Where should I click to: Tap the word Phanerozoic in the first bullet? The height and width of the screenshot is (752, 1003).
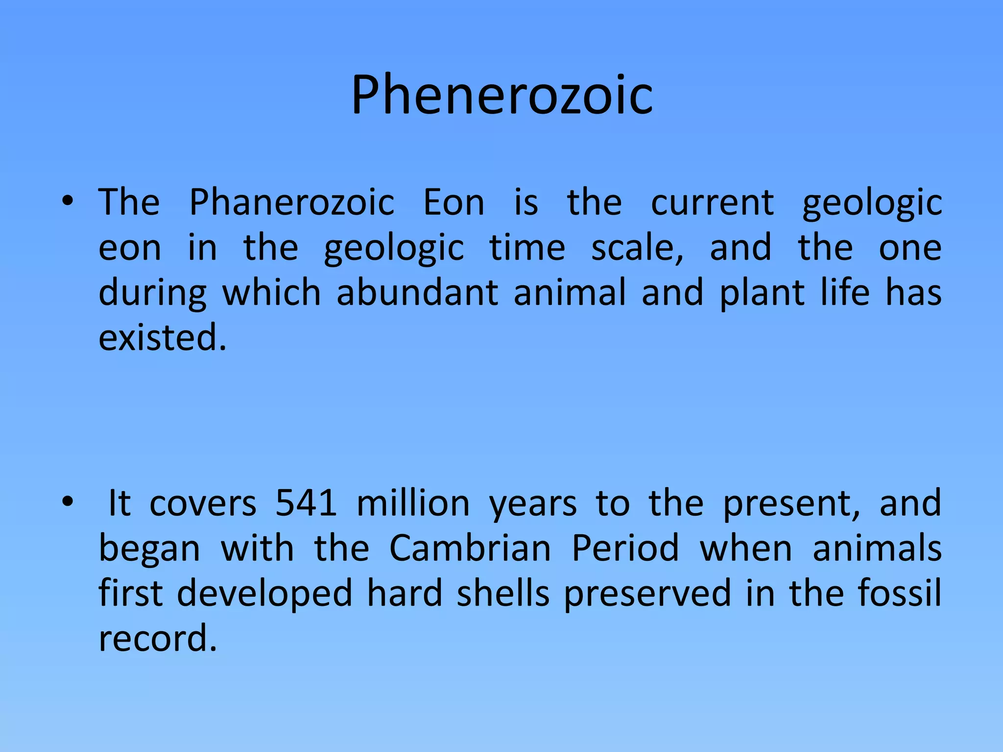[x=292, y=202]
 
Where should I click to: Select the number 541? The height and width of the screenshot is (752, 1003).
[x=306, y=503]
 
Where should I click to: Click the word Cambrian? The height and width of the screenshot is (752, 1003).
[x=470, y=548]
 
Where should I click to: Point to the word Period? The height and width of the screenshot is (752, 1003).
[x=625, y=548]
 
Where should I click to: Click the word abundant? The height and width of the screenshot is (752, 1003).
[x=417, y=293]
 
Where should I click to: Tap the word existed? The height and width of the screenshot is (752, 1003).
[x=163, y=338]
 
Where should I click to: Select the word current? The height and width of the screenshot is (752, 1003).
[x=712, y=202]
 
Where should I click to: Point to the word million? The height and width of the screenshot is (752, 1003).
[x=413, y=503]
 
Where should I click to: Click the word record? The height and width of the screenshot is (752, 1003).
[x=157, y=639]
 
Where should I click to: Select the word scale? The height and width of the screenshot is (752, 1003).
[x=637, y=248]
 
